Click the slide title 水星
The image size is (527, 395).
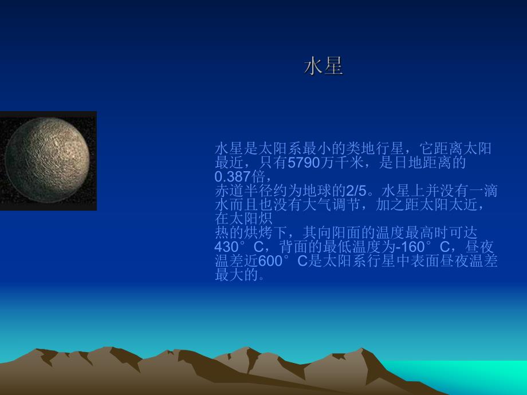(x=323, y=67)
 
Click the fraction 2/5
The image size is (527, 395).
(x=357, y=190)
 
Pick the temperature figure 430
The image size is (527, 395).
(x=226, y=247)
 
